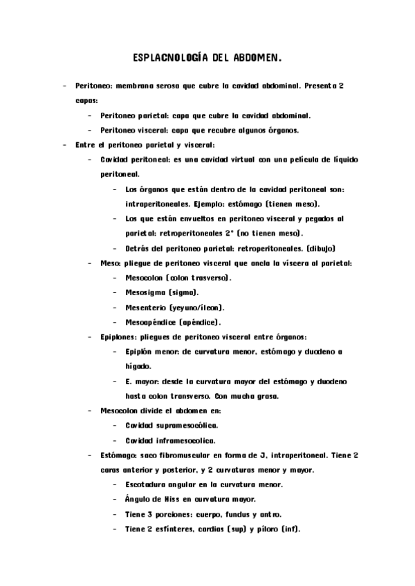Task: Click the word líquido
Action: coord(340,160)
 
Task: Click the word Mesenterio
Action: coord(146,307)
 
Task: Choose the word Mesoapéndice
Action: coord(151,321)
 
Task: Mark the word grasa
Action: coord(266,395)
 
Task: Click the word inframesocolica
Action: coord(191,439)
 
